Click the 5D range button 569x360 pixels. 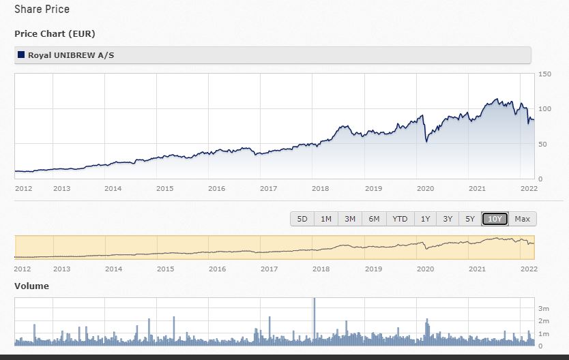pyautogui.click(x=302, y=219)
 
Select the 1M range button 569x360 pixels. pyautogui.click(x=326, y=219)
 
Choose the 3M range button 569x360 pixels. pyautogui.click(x=350, y=219)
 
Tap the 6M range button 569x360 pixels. pyautogui.click(x=374, y=219)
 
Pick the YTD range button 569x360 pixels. pyautogui.click(x=400, y=219)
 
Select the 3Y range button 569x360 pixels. pyautogui.click(x=448, y=219)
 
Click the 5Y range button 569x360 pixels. pyautogui.click(x=470, y=219)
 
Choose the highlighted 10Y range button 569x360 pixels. pyautogui.click(x=495, y=219)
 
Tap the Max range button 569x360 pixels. pyautogui.click(x=523, y=219)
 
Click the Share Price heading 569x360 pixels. pyautogui.click(x=42, y=10)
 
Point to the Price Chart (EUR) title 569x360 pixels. pyautogui.click(x=54, y=34)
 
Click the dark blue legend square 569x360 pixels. pyautogui.click(x=21, y=55)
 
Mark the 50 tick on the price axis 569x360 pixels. pyautogui.click(x=542, y=144)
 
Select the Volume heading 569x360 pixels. pyautogui.click(x=31, y=286)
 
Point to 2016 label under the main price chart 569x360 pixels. pyautogui.click(x=216, y=189)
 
